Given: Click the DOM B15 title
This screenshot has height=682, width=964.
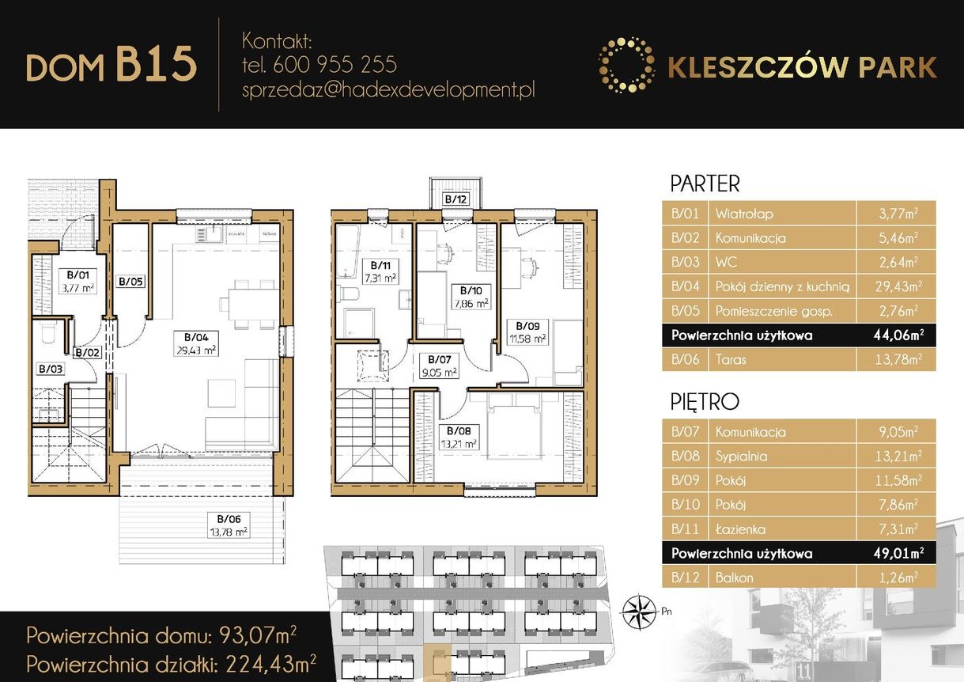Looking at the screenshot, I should pos(111,65).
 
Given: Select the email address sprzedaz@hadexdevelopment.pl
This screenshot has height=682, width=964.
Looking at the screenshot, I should pos(388,89).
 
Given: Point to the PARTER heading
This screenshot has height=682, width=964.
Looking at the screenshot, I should pos(705,184).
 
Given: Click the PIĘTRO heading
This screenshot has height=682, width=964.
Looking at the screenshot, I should pos(704,402).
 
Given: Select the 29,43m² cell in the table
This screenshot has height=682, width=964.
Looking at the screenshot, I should pos(895,286).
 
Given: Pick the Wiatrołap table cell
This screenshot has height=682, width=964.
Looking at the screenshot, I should pos(744,214).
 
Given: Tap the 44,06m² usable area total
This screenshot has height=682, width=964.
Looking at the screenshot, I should pos(895,335).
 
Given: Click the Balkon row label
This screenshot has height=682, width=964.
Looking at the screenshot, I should pos(734,578).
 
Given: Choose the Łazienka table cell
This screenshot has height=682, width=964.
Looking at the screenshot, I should pos(740,529).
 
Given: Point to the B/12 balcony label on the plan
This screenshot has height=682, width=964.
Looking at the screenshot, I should pos(456,199).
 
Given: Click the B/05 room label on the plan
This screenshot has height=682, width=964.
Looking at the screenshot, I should pos(130,281).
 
